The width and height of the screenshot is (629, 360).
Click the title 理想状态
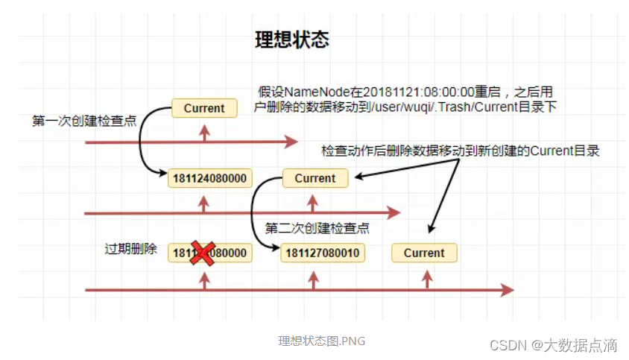click(x=291, y=40)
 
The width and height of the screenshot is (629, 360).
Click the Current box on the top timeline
click(x=204, y=108)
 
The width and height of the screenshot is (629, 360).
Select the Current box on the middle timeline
click(x=315, y=178)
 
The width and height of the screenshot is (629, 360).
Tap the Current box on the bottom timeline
click(x=424, y=253)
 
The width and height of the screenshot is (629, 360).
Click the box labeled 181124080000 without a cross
click(x=210, y=178)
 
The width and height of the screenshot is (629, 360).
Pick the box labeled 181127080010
click(x=320, y=253)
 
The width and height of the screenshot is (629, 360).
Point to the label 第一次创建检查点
click(x=84, y=121)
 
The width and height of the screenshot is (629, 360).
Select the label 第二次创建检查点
click(x=317, y=228)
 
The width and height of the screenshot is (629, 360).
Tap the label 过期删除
click(x=130, y=249)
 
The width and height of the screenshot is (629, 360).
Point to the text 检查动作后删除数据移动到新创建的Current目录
click(x=461, y=151)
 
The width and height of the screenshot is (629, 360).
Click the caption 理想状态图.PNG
click(x=322, y=341)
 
